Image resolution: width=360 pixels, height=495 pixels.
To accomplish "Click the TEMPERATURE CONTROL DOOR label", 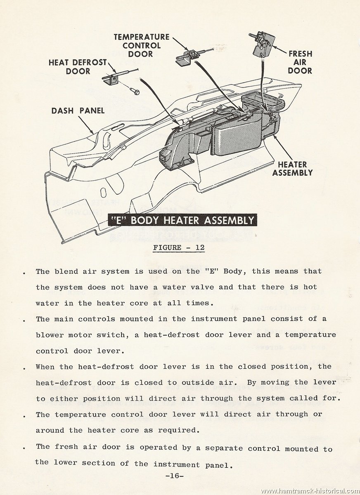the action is [142, 45].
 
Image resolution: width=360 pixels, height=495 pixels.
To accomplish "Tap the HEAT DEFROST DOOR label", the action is [78, 67].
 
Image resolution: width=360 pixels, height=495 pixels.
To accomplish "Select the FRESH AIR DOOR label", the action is [300, 62].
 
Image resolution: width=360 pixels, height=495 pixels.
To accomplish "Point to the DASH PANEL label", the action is [78, 111].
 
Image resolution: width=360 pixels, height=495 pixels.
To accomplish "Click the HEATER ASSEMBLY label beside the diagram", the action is [292, 169].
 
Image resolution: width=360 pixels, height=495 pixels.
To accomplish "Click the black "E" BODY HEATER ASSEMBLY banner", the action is [182, 220].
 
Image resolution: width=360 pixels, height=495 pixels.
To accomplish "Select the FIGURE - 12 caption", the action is [179, 247].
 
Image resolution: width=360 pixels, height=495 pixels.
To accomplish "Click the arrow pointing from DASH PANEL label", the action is [86, 125].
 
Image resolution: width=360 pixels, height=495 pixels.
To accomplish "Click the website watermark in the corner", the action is [310, 491].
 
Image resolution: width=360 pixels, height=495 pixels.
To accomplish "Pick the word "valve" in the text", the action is [202, 287].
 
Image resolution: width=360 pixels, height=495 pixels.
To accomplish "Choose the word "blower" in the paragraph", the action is [50, 335].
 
